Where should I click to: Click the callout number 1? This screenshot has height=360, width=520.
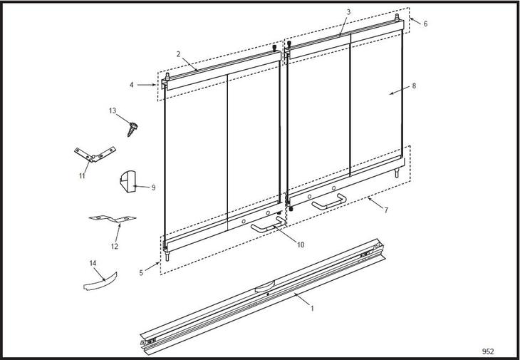[x=312, y=308]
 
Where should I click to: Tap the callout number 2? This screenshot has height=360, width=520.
[x=178, y=54]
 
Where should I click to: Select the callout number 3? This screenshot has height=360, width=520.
[x=348, y=12]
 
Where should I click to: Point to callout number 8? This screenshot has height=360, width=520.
[x=414, y=86]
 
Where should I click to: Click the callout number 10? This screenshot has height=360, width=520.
[x=301, y=245]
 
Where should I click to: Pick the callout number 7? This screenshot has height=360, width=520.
[x=386, y=210]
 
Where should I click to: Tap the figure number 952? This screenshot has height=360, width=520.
[x=488, y=351]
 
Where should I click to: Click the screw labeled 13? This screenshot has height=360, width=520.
[x=132, y=129]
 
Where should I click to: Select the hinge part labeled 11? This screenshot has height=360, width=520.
[x=95, y=154]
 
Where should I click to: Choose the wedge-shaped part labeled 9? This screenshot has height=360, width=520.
[x=128, y=182]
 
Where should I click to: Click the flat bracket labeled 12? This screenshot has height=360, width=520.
[x=113, y=219]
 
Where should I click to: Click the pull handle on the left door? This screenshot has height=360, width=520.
[x=267, y=226]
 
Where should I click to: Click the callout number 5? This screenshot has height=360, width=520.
[x=141, y=273]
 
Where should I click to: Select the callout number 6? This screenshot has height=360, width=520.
[x=425, y=24]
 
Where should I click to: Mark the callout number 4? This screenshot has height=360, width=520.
[x=132, y=85]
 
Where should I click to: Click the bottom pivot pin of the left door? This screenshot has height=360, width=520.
[x=167, y=256]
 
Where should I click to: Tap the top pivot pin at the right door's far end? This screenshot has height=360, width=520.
[x=397, y=17]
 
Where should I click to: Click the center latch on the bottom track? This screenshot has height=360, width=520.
[x=265, y=286]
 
